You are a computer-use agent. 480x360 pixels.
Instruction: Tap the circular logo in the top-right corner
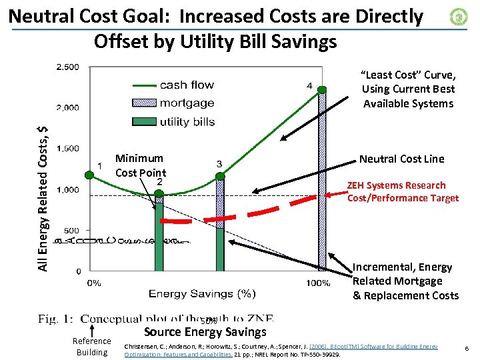pyautogui.click(x=459, y=17)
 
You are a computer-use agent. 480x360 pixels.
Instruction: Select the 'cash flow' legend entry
pyautogui.click(x=187, y=85)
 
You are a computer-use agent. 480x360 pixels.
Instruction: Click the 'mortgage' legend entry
pyautogui.click(x=187, y=103)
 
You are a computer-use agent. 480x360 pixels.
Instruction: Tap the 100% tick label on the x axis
pyautogui.click(x=318, y=283)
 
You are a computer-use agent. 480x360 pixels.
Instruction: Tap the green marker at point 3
pyautogui.click(x=219, y=175)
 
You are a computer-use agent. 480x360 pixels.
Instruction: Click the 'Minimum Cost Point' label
pyautogui.click(x=140, y=165)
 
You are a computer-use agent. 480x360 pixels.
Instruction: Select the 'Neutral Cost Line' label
pyautogui.click(x=401, y=159)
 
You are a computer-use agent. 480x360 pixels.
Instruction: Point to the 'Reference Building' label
pyautogui.click(x=92, y=347)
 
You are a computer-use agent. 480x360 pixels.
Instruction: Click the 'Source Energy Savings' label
pyautogui.click(x=205, y=332)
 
